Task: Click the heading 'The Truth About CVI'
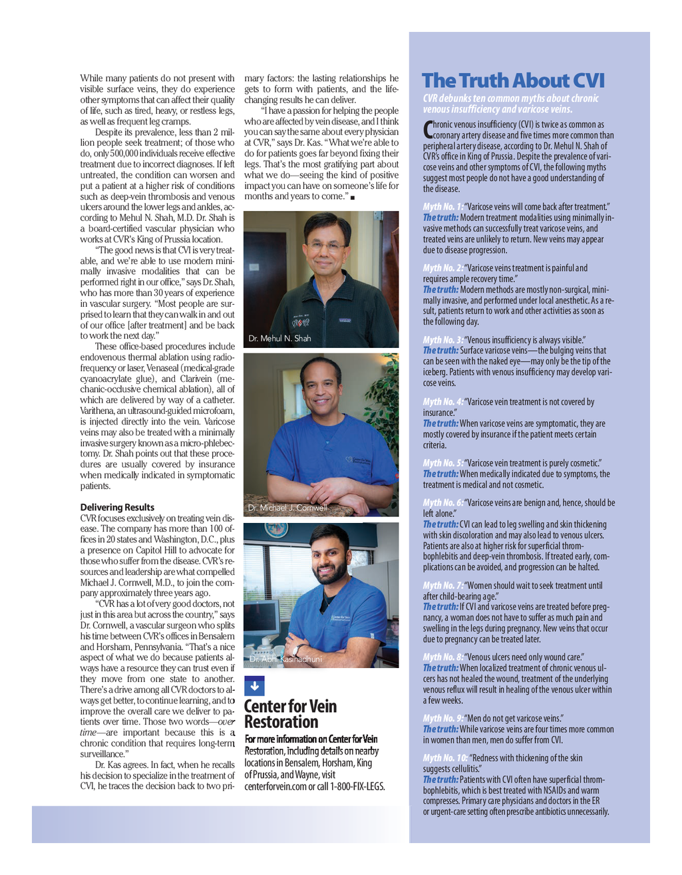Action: click(x=513, y=81)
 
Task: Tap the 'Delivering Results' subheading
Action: click(x=117, y=507)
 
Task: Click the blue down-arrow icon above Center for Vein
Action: click(x=254, y=686)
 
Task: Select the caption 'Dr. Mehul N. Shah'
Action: click(x=279, y=338)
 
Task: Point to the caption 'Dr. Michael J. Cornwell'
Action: click(x=287, y=508)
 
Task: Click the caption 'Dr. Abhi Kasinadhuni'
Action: click(x=285, y=659)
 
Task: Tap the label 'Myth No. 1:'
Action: click(x=443, y=207)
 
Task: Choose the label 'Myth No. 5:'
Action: click(x=443, y=463)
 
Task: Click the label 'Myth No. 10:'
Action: click(x=445, y=758)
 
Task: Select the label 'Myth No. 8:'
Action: click(x=443, y=657)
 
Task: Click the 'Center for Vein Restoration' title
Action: click(x=290, y=714)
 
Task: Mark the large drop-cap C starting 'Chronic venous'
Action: click(x=427, y=129)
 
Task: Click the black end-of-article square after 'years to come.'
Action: click(x=353, y=197)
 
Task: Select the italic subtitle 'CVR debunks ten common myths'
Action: click(x=510, y=104)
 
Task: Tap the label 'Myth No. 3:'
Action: click(x=443, y=340)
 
